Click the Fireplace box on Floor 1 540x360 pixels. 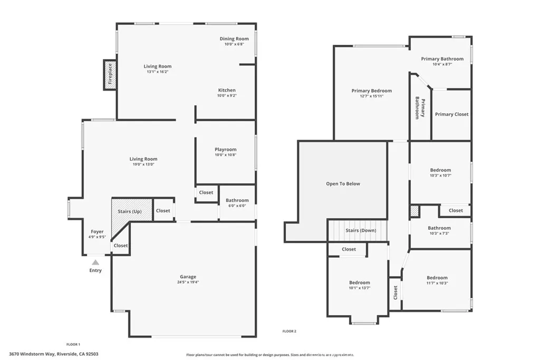(x=110, y=74)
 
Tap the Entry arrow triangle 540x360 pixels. (x=95, y=262)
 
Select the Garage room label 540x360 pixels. (x=188, y=277)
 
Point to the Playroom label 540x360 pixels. (x=225, y=150)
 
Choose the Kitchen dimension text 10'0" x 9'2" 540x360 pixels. (x=227, y=96)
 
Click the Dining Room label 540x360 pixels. (x=234, y=38)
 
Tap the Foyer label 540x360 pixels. (x=97, y=231)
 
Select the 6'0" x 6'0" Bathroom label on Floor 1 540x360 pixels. (x=237, y=200)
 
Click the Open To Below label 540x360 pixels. (x=343, y=183)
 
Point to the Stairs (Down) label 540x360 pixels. (x=360, y=230)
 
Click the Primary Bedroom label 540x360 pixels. (x=372, y=91)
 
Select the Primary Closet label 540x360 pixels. (x=451, y=114)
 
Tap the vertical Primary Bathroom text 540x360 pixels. (x=420, y=108)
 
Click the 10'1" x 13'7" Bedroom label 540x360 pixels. (x=359, y=283)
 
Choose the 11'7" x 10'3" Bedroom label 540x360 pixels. (x=437, y=278)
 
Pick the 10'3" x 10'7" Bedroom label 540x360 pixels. (x=440, y=170)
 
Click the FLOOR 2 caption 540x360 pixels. (x=290, y=331)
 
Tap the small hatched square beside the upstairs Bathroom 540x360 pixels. (x=414, y=211)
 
